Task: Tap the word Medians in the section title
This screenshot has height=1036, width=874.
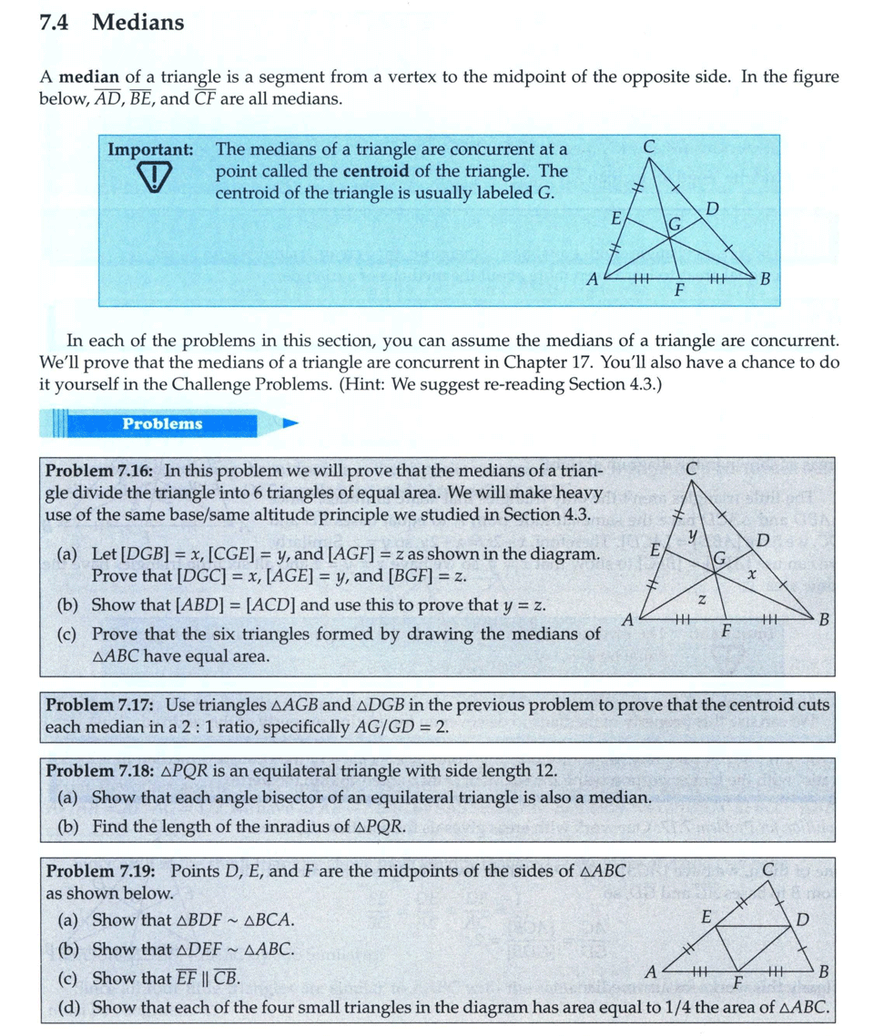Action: pyautogui.click(x=137, y=24)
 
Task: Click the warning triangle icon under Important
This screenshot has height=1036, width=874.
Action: pyautogui.click(x=157, y=176)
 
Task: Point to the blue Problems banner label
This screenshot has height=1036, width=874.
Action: pyautogui.click(x=163, y=423)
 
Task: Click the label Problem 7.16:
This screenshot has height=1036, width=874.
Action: pyautogui.click(x=100, y=471)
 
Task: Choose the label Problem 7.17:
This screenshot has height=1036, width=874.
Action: pyautogui.click(x=100, y=705)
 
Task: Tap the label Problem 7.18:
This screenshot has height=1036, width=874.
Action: pyautogui.click(x=100, y=771)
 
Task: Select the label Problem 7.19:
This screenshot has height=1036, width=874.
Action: pyautogui.click(x=100, y=870)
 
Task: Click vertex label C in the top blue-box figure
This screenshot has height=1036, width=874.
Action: pyautogui.click(x=649, y=145)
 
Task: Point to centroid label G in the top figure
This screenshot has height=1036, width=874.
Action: pyautogui.click(x=676, y=224)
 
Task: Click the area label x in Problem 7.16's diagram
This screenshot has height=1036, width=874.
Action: pyautogui.click(x=752, y=574)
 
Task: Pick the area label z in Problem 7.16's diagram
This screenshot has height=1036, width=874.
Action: pyautogui.click(x=701, y=600)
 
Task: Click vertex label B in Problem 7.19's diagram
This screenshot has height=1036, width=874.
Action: pyautogui.click(x=824, y=970)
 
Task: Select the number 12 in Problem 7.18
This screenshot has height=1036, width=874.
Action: pyautogui.click(x=544, y=771)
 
